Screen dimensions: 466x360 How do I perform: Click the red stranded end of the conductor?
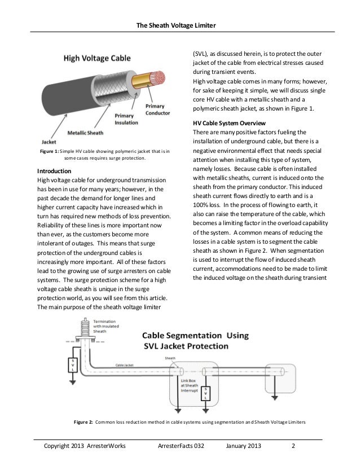tap(159, 77)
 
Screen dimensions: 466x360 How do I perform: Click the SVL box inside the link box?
tap(207, 395)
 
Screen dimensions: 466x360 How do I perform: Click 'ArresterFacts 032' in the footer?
tap(181, 448)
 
